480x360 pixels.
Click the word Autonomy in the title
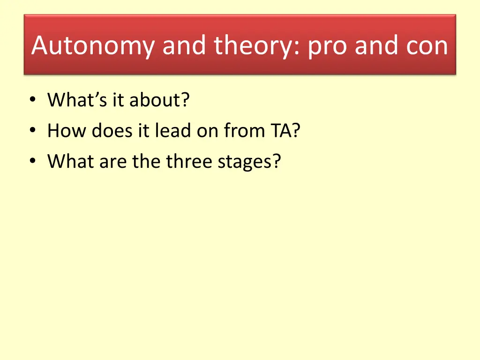point(93,46)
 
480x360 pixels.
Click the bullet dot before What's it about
point(33,99)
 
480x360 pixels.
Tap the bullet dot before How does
point(33,130)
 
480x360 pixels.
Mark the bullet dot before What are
point(33,161)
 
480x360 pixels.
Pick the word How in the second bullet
point(67,131)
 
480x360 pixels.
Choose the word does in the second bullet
point(112,131)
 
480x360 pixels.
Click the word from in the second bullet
point(244,130)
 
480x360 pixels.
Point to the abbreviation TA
point(281,131)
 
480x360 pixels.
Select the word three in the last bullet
point(189,161)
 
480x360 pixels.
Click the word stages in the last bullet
point(245,162)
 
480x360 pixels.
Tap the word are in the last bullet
point(113,162)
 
